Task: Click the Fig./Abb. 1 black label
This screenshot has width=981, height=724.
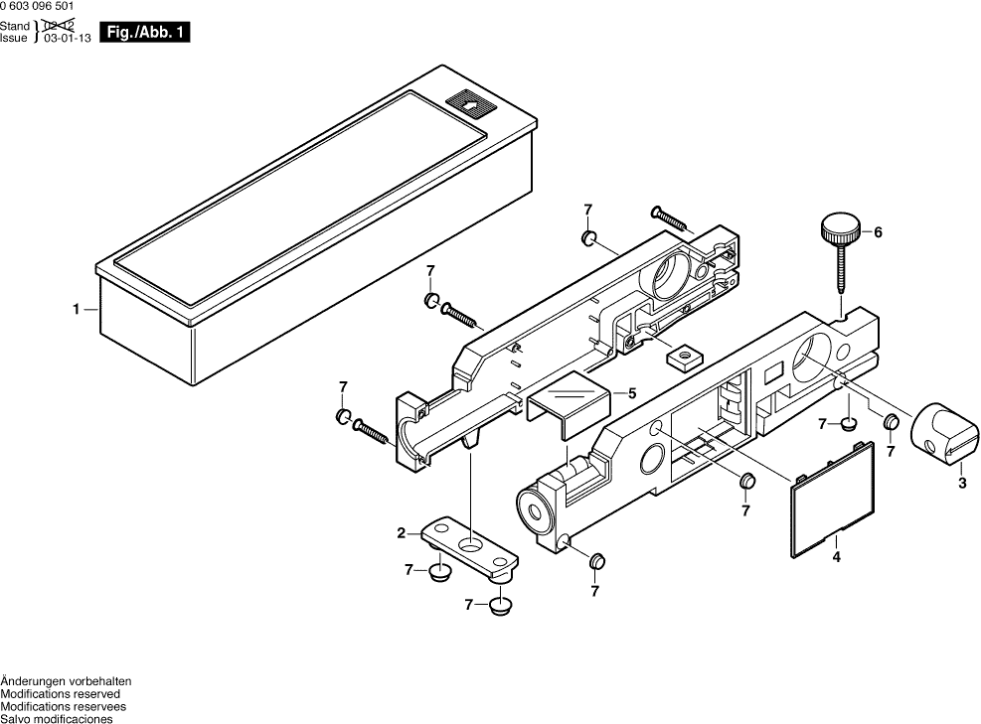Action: click(x=151, y=33)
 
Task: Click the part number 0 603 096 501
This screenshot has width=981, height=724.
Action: click(x=37, y=6)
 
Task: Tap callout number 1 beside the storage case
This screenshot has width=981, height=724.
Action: click(x=76, y=310)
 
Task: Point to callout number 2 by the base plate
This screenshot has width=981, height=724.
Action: click(x=402, y=533)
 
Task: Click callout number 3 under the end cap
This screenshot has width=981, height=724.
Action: click(x=961, y=484)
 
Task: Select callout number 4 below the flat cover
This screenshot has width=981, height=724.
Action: click(x=836, y=558)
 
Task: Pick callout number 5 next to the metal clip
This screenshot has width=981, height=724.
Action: click(x=631, y=392)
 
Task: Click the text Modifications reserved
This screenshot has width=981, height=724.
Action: click(x=60, y=694)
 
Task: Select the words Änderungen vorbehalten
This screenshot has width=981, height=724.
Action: click(x=66, y=681)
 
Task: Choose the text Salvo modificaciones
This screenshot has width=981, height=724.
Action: click(x=57, y=719)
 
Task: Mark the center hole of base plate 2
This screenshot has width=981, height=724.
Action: click(x=468, y=545)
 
